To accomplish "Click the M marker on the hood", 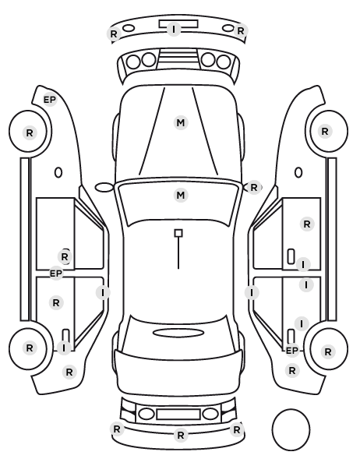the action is [181, 123].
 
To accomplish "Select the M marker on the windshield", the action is [181, 196].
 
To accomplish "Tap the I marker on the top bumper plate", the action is [174, 29].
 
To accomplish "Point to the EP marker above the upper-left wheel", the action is [50, 100].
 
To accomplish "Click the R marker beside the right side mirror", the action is [253, 188].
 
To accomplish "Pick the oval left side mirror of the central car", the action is [104, 188].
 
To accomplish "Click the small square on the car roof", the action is [178, 233].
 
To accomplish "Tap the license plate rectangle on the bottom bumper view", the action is [178, 414].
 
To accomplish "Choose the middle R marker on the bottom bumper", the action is [181, 435].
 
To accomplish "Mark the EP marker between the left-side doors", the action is [56, 273].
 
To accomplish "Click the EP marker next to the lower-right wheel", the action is [292, 351].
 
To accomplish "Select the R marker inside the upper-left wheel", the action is [30, 132].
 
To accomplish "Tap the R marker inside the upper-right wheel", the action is [325, 131].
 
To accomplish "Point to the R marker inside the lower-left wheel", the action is [30, 348].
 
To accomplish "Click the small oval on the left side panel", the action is [58, 172].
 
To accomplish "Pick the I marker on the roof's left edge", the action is [103, 292].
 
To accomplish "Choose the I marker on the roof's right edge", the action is [252, 293].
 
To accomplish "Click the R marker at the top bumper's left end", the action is [114, 34].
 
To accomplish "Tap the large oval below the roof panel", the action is [178, 333].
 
